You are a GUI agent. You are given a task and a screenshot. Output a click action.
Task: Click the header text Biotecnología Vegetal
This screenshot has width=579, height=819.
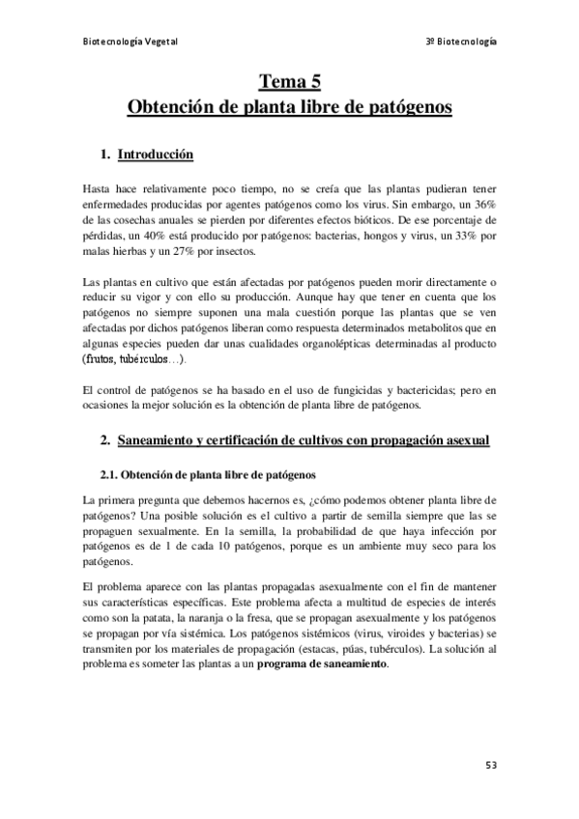(x=130, y=42)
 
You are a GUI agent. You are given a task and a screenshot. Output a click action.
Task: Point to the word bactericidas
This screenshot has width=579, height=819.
(x=406, y=389)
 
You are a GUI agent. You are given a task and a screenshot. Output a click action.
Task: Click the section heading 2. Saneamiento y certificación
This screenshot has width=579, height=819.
(x=304, y=440)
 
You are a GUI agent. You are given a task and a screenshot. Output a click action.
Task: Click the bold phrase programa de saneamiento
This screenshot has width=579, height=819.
(x=320, y=664)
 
